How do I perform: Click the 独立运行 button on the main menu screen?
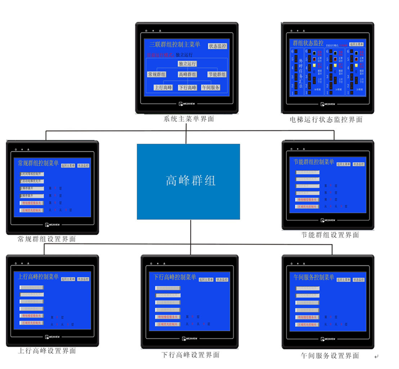point(187,64)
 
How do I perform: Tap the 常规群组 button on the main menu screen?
point(158,75)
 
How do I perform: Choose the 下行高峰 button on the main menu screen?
point(187,88)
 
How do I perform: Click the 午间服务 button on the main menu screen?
point(210,88)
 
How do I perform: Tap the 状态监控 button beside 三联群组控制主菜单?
point(217,46)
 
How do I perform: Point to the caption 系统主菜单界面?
point(189,119)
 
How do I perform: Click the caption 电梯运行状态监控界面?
point(326,120)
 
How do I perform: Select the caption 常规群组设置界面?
point(46,239)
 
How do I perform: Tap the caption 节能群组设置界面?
point(330,235)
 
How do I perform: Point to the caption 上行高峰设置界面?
point(47,351)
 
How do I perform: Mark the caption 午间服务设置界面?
point(330,355)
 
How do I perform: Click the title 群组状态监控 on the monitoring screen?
point(308,43)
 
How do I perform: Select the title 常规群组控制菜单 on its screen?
point(38,163)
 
